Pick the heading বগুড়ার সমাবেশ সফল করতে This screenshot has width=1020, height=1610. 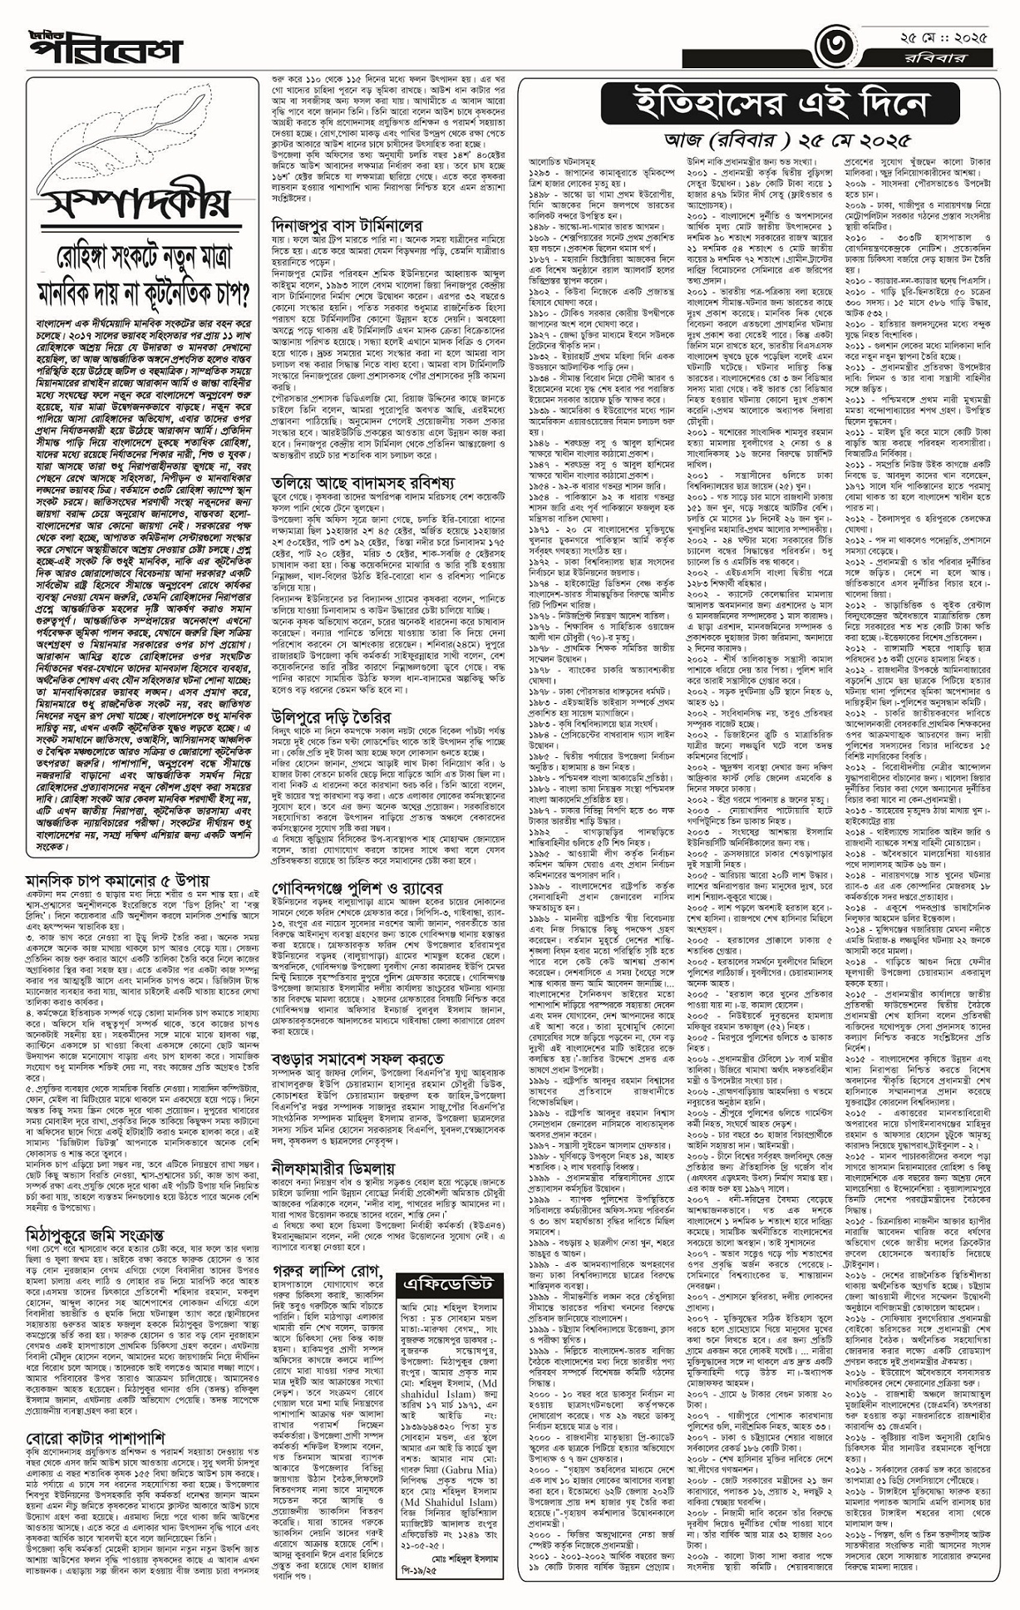pos(357,1059)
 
